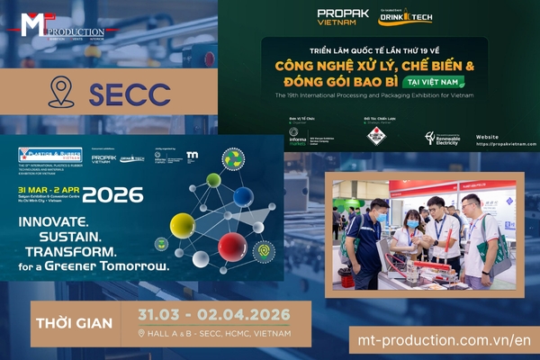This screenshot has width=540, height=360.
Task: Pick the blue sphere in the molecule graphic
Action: tap(243, 197)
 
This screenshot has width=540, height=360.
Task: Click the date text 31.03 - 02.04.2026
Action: tap(214, 315)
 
